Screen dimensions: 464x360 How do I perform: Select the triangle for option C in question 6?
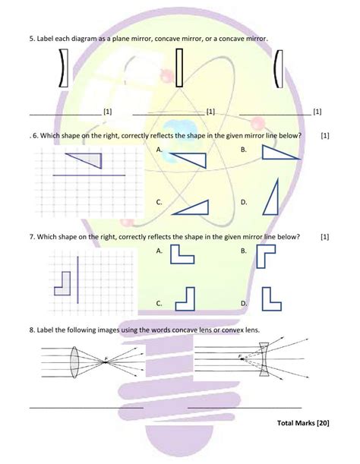pos(193,207)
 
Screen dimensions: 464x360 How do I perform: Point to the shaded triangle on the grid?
pos(87,159)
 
